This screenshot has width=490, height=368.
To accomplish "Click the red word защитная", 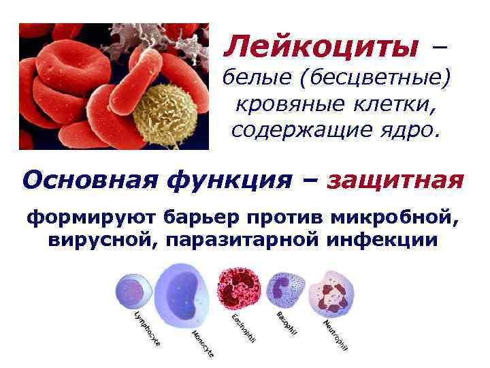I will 395,181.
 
